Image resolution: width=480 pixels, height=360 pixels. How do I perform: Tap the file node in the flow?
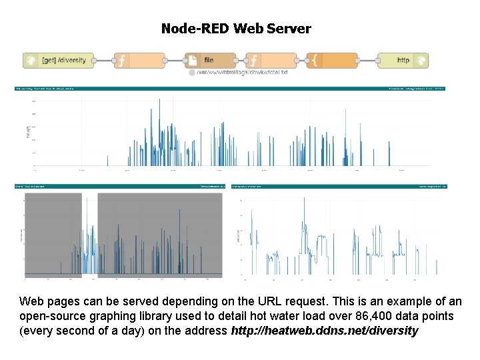[x=210, y=60]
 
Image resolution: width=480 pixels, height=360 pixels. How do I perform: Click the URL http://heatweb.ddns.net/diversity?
[x=324, y=331]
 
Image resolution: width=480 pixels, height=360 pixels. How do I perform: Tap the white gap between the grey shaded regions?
[x=89, y=233]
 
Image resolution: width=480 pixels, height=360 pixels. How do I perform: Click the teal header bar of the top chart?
[x=230, y=88]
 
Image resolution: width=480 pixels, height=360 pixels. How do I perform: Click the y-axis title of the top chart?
[x=28, y=132]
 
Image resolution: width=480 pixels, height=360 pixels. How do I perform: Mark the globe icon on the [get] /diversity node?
[x=31, y=60]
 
